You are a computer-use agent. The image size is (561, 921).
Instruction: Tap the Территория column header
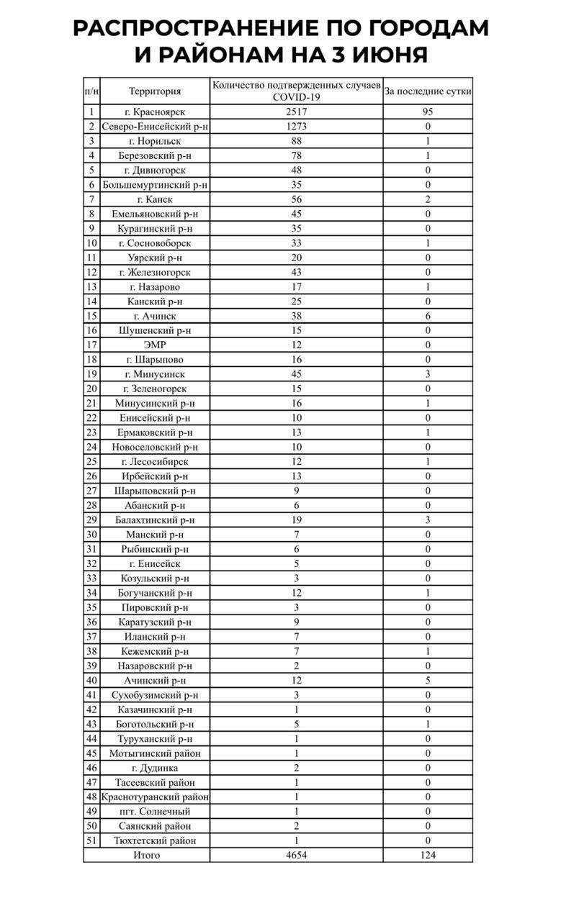click(x=155, y=91)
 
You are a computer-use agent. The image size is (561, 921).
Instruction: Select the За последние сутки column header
click(x=428, y=91)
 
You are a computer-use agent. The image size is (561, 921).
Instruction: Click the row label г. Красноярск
click(x=155, y=112)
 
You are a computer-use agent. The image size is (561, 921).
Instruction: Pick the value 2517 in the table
click(x=297, y=112)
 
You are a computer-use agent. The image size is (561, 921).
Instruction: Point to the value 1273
click(x=297, y=127)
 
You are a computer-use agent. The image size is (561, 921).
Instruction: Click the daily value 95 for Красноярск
click(x=428, y=112)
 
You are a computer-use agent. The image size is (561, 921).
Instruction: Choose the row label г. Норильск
click(x=155, y=141)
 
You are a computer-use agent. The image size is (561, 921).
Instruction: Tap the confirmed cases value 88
click(x=297, y=141)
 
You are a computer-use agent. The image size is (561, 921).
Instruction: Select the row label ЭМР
click(x=155, y=345)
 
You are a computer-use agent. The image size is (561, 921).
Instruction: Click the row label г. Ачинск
click(x=155, y=316)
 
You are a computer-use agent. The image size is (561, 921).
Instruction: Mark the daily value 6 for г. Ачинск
click(x=428, y=316)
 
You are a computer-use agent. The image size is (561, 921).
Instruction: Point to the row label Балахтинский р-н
click(x=155, y=520)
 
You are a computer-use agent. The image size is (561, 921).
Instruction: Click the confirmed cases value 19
click(x=297, y=520)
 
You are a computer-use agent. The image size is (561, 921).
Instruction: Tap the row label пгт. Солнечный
click(x=155, y=812)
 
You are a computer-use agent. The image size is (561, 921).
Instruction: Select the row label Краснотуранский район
click(x=155, y=797)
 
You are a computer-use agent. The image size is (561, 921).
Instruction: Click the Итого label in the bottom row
click(x=147, y=855)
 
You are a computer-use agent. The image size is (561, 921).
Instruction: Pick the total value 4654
click(x=297, y=855)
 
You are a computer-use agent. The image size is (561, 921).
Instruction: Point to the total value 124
click(x=428, y=855)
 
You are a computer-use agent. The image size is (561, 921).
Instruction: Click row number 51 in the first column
click(x=91, y=840)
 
